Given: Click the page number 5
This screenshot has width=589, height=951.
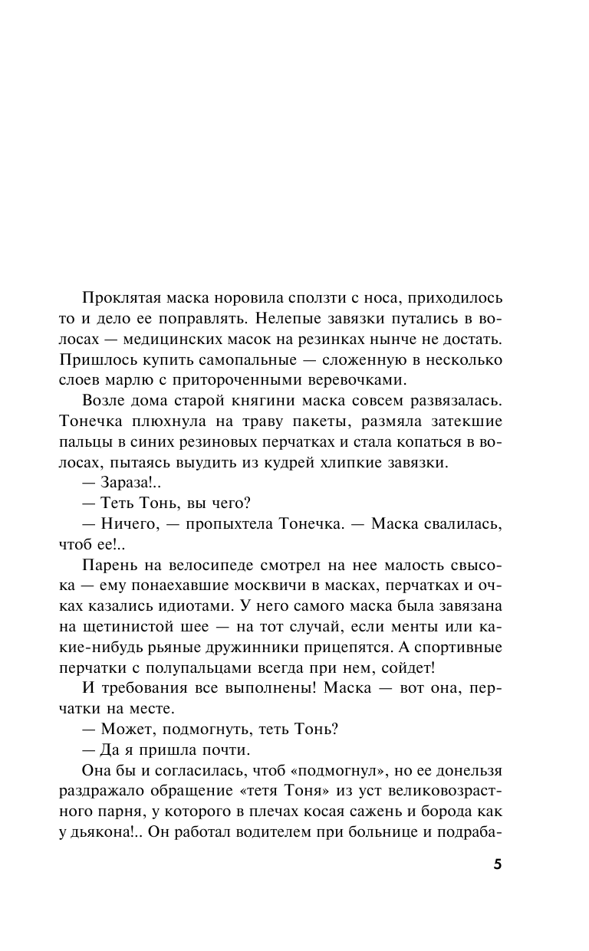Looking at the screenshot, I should tap(497, 864).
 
